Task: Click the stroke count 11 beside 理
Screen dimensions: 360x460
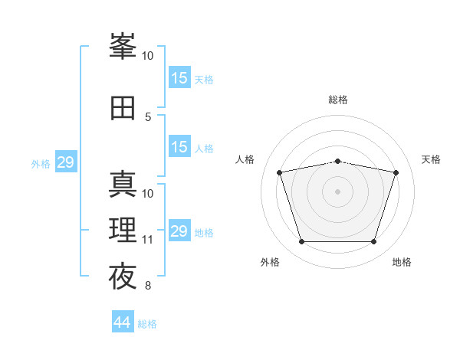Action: coord(148,240)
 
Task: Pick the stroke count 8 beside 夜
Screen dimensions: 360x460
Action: coord(148,286)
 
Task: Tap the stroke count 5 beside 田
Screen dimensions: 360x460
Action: coord(148,116)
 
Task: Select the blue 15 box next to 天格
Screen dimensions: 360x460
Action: coord(179,78)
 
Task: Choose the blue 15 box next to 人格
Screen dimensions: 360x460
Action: coord(179,147)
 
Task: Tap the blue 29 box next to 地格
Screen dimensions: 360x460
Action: coord(179,231)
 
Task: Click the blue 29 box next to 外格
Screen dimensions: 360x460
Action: coord(65,162)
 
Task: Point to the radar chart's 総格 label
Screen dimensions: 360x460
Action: coord(338,100)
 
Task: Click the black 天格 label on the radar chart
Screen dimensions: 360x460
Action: coord(432,159)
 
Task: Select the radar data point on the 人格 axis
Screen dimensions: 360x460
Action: coord(280,173)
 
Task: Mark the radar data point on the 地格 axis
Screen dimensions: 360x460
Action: coord(373,242)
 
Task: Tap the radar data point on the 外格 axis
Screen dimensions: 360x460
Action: coord(301,242)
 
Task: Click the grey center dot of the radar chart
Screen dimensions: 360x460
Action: coord(337,191)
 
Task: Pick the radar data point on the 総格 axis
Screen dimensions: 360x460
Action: coord(337,161)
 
